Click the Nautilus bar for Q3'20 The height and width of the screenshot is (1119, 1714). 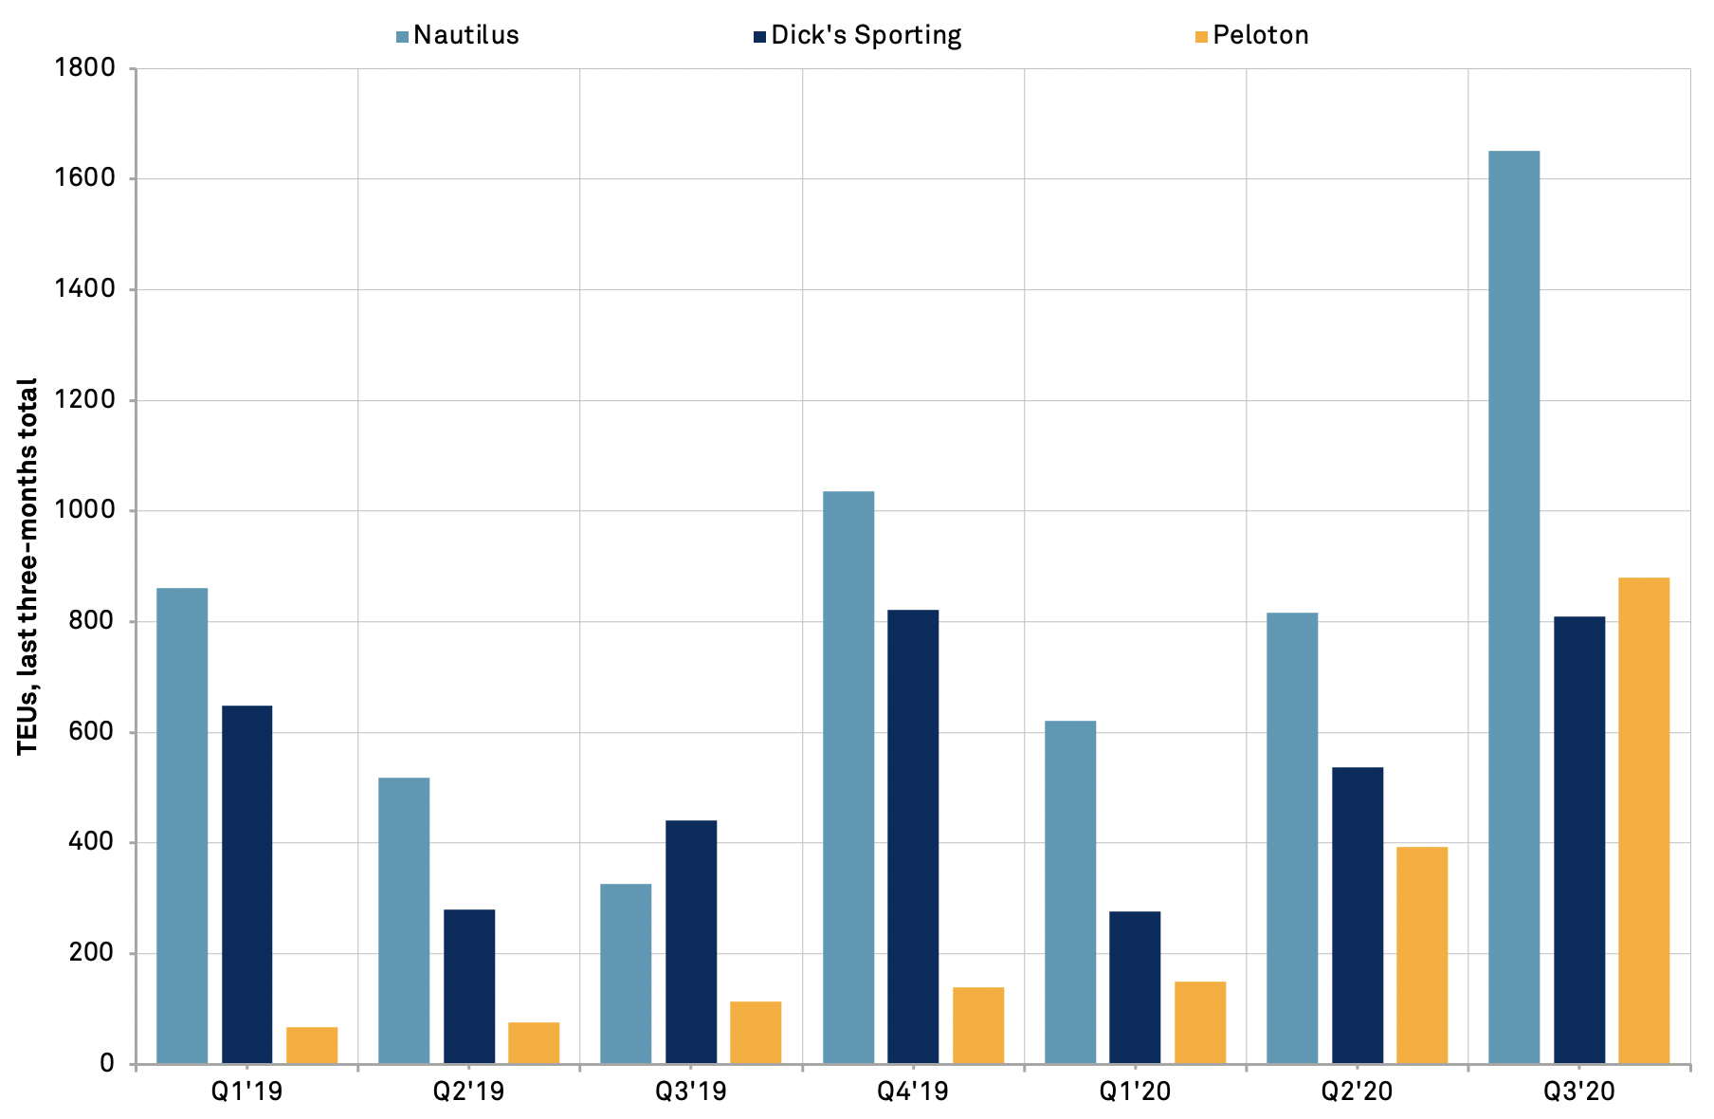(x=1514, y=607)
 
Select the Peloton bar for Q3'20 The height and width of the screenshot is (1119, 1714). (x=1644, y=820)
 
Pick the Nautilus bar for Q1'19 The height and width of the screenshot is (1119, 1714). (x=182, y=826)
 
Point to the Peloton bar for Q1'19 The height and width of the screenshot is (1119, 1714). (x=312, y=1045)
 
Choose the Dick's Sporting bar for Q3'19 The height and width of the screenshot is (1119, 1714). (x=691, y=942)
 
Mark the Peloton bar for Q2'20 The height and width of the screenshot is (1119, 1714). (x=1422, y=955)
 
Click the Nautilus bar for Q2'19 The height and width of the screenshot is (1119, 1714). (x=404, y=921)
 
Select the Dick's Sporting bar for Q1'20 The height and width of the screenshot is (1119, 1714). (x=1135, y=987)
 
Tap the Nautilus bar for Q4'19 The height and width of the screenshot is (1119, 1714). (x=848, y=778)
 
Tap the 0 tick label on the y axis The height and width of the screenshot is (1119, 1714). (x=106, y=1064)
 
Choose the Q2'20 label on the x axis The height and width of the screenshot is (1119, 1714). (x=1357, y=1091)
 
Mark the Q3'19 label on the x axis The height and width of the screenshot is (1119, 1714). (x=691, y=1091)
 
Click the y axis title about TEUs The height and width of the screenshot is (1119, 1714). (x=27, y=566)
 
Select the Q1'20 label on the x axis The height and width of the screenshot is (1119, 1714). (x=1135, y=1091)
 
